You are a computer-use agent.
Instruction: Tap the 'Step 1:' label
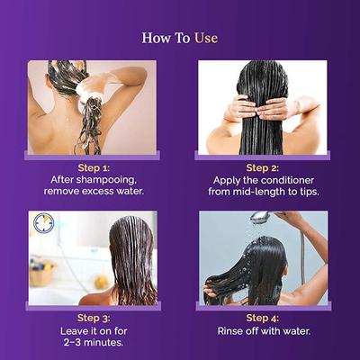tap(94, 167)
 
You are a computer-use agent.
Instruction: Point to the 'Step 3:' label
tap(94, 318)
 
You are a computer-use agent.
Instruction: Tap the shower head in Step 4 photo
tap(260, 217)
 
